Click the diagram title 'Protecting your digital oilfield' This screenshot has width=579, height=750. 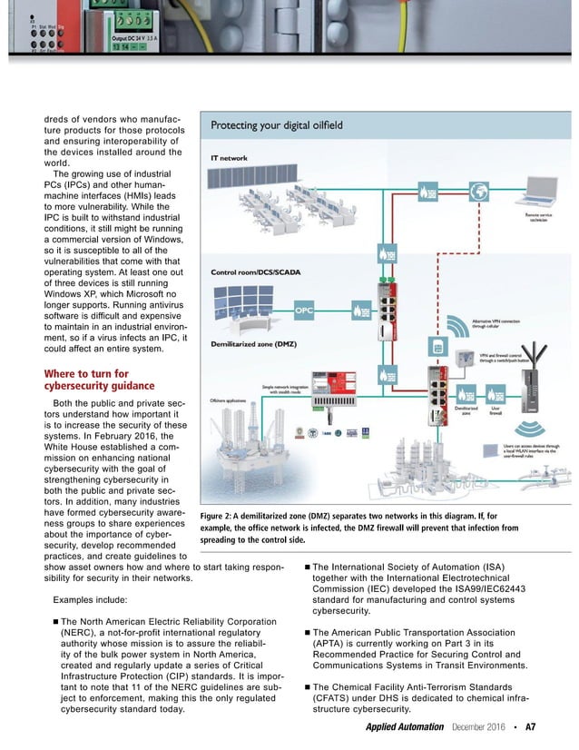coord(277,125)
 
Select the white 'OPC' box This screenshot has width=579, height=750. coord(305,311)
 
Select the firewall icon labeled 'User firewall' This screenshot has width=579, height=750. coord(496,395)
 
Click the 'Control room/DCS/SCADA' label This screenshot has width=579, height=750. coord(257,271)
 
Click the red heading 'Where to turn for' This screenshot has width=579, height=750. coord(86,373)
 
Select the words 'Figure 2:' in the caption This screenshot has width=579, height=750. coord(220,516)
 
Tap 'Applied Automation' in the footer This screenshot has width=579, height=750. coord(404,727)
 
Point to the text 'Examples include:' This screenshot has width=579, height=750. coord(91,600)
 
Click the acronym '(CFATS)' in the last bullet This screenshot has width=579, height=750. coord(337,698)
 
